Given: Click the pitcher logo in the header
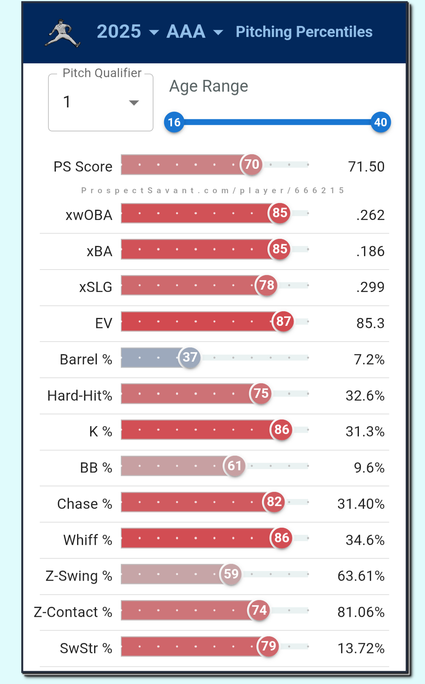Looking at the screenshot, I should [63, 33].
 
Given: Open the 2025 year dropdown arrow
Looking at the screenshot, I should [154, 33].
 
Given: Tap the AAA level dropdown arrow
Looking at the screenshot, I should [218, 33].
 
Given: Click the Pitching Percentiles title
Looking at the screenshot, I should [304, 32].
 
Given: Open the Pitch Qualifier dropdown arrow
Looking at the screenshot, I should [134, 103].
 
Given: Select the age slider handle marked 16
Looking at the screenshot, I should [174, 122].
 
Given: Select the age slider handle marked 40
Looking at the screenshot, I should [381, 122].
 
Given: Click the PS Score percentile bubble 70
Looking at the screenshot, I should [251, 164].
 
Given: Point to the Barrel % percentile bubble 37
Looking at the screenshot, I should [190, 357].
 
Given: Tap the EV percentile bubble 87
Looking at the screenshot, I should [283, 322].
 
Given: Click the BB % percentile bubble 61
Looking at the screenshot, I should [235, 466].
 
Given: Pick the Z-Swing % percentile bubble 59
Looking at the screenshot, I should [231, 574].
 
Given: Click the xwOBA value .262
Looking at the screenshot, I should [370, 215].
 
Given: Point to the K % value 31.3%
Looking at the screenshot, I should [365, 432].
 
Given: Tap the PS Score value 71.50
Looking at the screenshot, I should [366, 167].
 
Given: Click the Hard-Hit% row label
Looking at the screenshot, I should [80, 396].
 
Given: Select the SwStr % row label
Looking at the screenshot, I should [86, 648].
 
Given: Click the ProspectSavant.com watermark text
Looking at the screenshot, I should [213, 190].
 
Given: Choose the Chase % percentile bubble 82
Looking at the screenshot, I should [274, 502].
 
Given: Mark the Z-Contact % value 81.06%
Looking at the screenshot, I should [361, 612].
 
